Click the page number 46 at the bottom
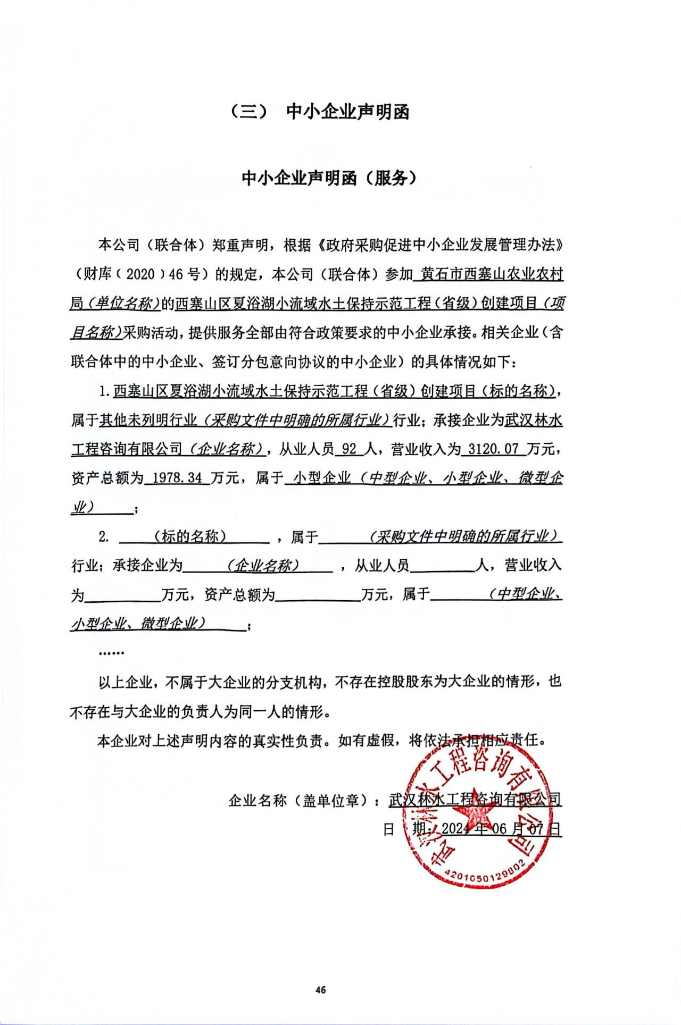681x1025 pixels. click(x=320, y=989)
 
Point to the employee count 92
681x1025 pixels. click(x=350, y=449)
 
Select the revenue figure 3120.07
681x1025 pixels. click(x=493, y=449)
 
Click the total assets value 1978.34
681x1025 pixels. click(x=177, y=478)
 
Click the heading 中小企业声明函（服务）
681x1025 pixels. click(x=329, y=178)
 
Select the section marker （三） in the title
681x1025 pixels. click(x=249, y=112)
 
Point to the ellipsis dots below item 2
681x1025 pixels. click(x=111, y=652)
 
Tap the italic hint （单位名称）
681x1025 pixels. click(x=124, y=304)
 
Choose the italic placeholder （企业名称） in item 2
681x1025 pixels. click(x=263, y=565)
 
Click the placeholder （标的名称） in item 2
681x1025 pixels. click(x=190, y=536)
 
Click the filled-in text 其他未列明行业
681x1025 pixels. click(x=148, y=421)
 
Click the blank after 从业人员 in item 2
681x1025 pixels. click(x=443, y=565)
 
